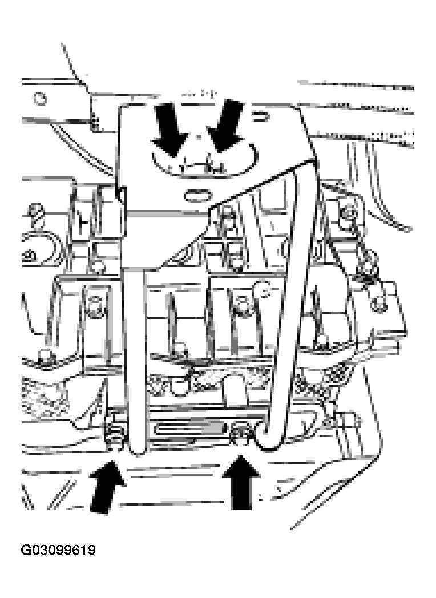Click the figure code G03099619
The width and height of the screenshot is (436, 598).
(x=58, y=550)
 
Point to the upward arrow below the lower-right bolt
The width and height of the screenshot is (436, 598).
(x=241, y=482)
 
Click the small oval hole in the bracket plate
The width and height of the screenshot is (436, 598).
(x=196, y=195)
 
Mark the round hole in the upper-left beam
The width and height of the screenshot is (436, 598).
(x=41, y=98)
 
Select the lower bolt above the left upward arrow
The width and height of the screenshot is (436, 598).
(x=115, y=433)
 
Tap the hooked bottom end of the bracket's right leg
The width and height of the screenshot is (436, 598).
(x=267, y=439)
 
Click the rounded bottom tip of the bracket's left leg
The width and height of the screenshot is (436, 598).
(x=137, y=448)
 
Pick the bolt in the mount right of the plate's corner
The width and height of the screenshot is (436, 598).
(x=347, y=212)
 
